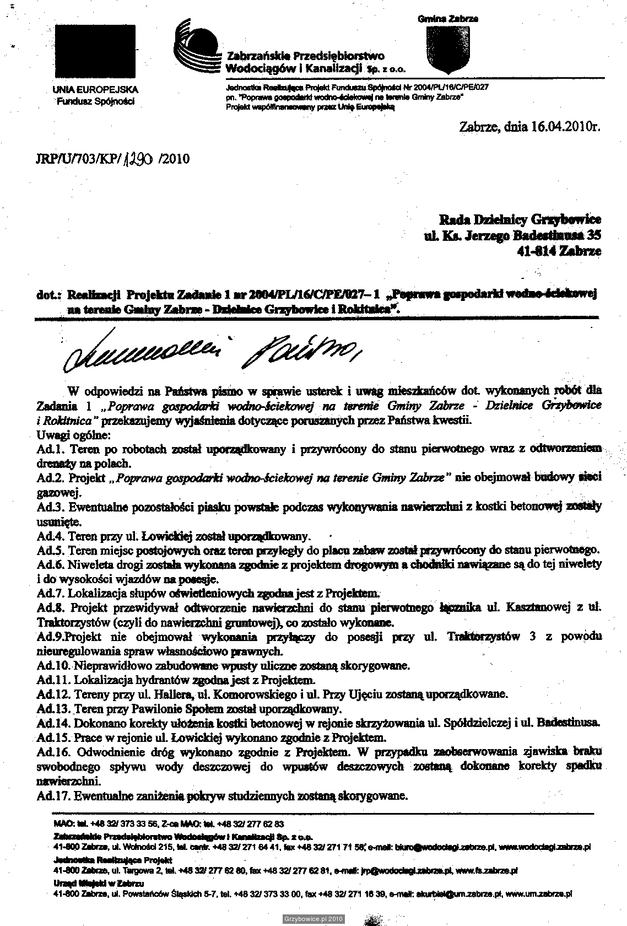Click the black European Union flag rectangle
(96, 52)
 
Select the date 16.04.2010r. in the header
(564, 127)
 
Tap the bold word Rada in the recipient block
(454, 220)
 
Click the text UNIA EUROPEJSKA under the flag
(95, 89)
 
